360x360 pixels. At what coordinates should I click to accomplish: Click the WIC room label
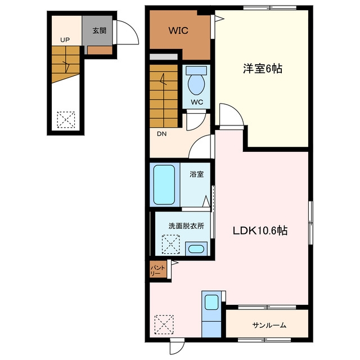pos(178,30)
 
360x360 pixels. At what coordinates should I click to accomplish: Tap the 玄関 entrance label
pos(100,30)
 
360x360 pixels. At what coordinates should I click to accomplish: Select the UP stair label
pos(65,40)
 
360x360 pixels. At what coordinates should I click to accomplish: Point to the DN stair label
pos(161,134)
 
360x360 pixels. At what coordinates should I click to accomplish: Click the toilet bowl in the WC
pos(196,84)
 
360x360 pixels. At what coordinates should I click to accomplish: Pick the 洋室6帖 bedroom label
pos(263,69)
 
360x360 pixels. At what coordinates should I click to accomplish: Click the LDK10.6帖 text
pos(260,231)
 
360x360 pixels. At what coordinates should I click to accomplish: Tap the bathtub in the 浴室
pos(164,185)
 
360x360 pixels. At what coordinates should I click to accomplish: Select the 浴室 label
pos(196,174)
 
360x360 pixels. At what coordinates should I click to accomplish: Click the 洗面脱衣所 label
pos(186,226)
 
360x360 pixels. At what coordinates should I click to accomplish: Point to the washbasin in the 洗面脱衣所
pos(196,249)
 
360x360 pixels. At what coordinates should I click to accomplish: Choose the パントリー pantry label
pos(158,271)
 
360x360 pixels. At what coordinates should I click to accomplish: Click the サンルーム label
pos(269,325)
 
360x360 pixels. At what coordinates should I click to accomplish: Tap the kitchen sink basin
pos(211,303)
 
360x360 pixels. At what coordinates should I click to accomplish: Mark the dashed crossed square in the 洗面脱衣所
pos(171,244)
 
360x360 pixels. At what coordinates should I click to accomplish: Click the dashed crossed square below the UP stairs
pos(66,120)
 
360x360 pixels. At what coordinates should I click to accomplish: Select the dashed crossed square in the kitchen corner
pos(164,325)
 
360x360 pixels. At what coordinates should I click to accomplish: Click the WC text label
pos(197,102)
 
